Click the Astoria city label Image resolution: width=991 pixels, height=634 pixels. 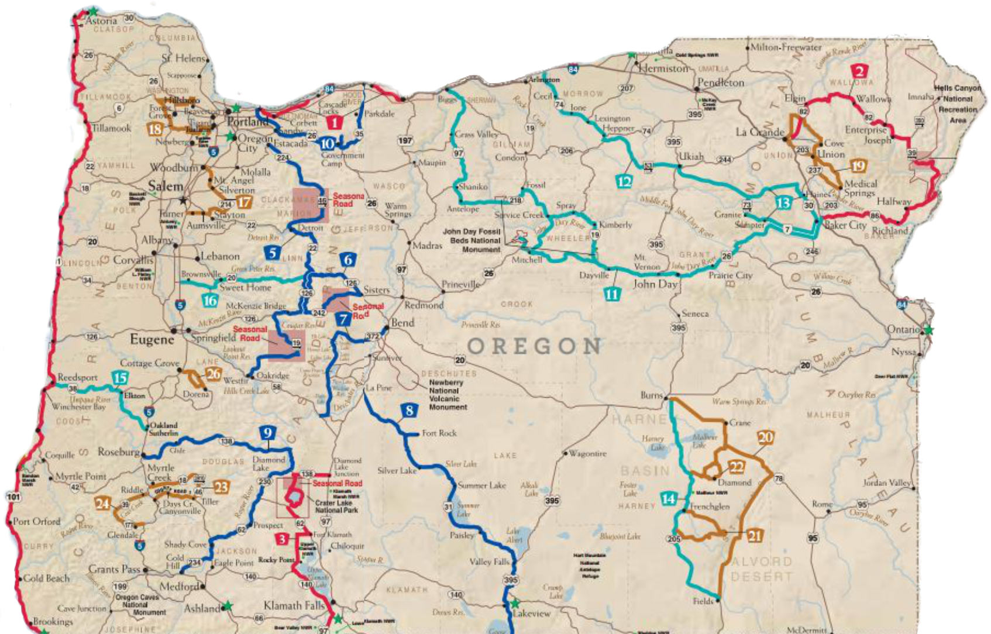coord(102,20)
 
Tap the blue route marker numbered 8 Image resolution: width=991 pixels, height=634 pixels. coord(409,411)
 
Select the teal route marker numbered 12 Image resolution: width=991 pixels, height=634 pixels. coord(624,181)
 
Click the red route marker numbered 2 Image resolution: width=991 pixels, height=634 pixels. coord(859,72)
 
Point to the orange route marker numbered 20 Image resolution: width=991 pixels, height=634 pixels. coord(765,437)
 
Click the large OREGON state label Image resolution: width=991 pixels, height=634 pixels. coord(534,346)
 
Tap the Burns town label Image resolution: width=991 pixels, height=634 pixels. coord(651,395)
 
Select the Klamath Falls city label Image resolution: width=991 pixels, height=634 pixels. coord(294,605)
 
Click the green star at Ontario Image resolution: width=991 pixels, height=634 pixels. coord(928,330)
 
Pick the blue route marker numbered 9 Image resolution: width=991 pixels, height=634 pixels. coord(267,433)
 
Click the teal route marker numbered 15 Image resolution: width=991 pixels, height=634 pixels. coord(120,377)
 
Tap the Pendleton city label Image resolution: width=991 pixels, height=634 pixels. coord(721,82)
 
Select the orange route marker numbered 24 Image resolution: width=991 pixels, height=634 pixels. coord(103,502)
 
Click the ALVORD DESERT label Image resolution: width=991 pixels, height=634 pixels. coord(761,569)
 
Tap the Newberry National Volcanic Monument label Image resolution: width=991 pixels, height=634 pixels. coord(448,394)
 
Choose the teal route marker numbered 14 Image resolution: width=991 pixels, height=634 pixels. coord(668,499)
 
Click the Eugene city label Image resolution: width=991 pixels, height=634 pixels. coord(152,339)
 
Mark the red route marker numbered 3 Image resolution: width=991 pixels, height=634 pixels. coord(283,539)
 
